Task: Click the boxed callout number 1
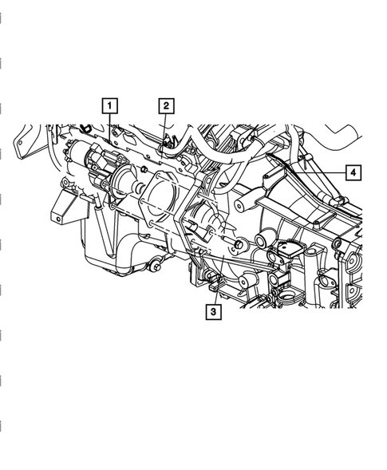(109, 106)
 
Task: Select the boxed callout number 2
(167, 106)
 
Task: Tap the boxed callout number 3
(213, 312)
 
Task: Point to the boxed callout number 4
(353, 172)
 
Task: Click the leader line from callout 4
(320, 172)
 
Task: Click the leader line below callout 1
(109, 127)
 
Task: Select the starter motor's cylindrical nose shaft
(139, 188)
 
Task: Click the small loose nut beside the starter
(144, 169)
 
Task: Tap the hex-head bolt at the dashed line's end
(239, 244)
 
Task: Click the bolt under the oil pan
(155, 267)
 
